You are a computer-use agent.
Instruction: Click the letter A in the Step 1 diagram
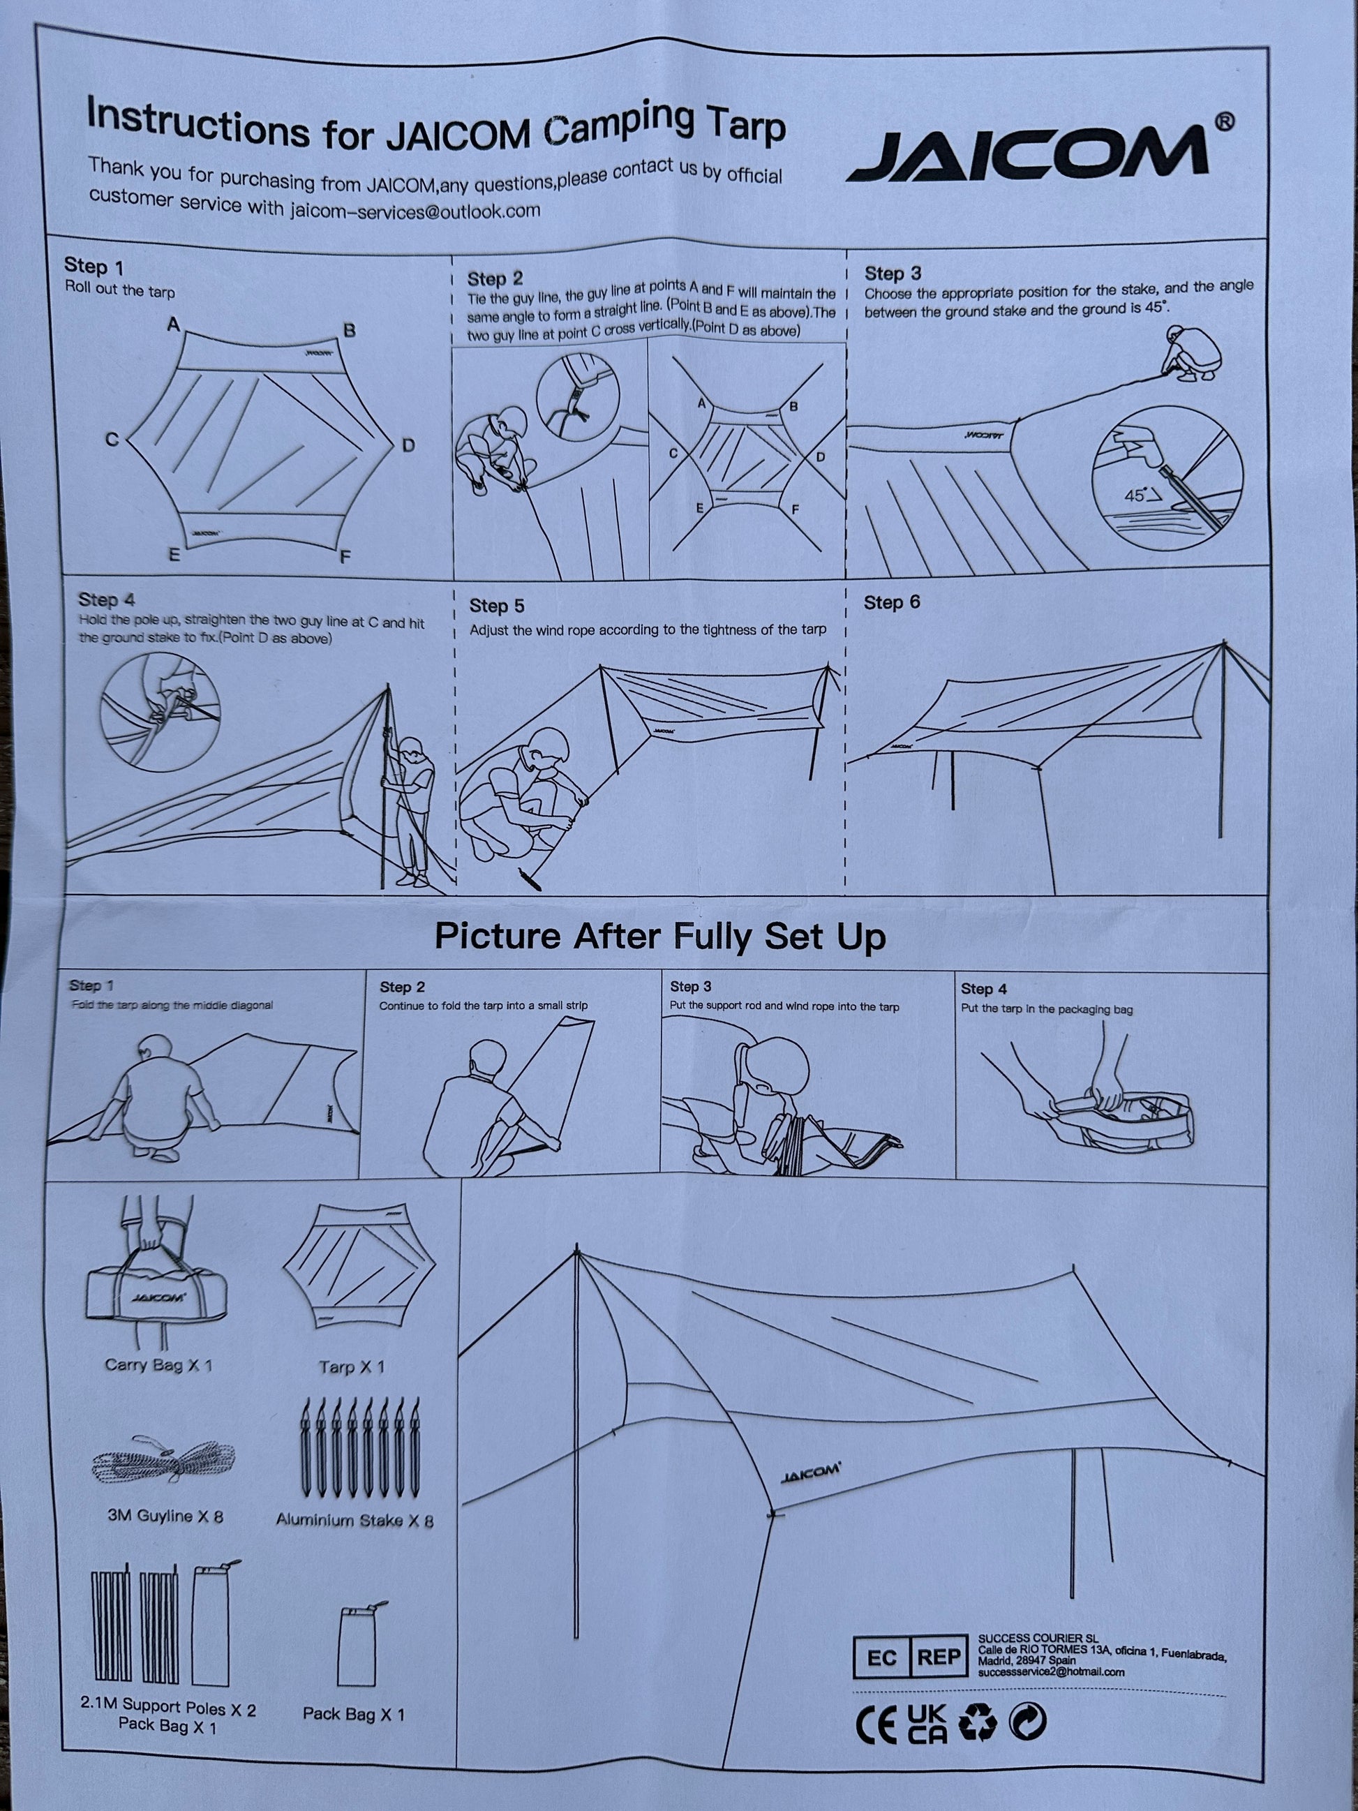point(174,325)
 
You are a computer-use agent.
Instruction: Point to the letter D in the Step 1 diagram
point(408,445)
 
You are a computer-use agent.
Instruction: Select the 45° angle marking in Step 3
point(1143,495)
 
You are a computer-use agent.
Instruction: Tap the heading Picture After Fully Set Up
point(659,936)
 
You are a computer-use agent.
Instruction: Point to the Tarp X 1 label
point(351,1366)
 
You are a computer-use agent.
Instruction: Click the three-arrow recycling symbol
point(978,1722)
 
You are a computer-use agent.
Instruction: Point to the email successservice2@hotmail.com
point(1051,1672)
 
